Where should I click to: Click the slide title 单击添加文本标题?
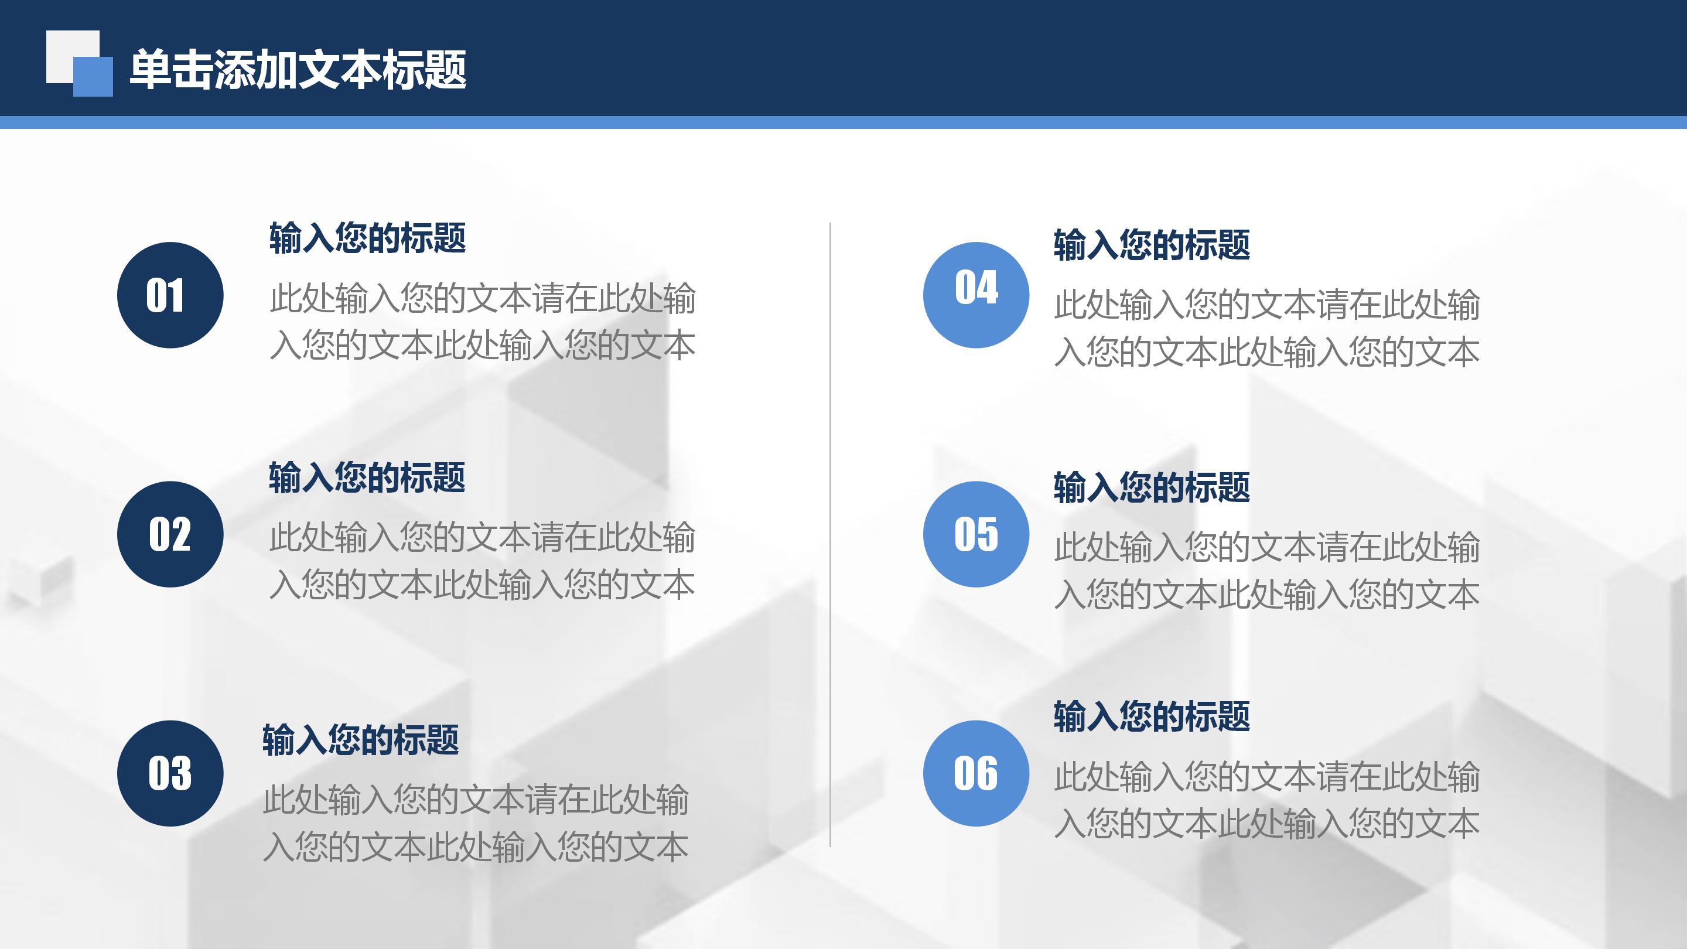[x=298, y=70]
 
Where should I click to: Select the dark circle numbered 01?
[x=170, y=295]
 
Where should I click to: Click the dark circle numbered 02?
[x=170, y=534]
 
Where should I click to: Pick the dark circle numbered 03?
[x=170, y=773]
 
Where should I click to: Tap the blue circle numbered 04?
[x=976, y=295]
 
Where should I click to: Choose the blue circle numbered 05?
[x=976, y=534]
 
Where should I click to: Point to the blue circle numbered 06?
[x=976, y=773]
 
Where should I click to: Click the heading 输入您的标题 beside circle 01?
[x=367, y=238]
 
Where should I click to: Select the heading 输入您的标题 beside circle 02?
[x=367, y=477]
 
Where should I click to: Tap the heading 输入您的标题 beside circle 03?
[x=361, y=740]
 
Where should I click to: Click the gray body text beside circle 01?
[x=483, y=322]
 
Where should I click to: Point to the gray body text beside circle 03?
[x=476, y=823]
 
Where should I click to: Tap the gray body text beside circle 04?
[x=1266, y=328]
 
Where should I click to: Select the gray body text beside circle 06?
[x=1266, y=800]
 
